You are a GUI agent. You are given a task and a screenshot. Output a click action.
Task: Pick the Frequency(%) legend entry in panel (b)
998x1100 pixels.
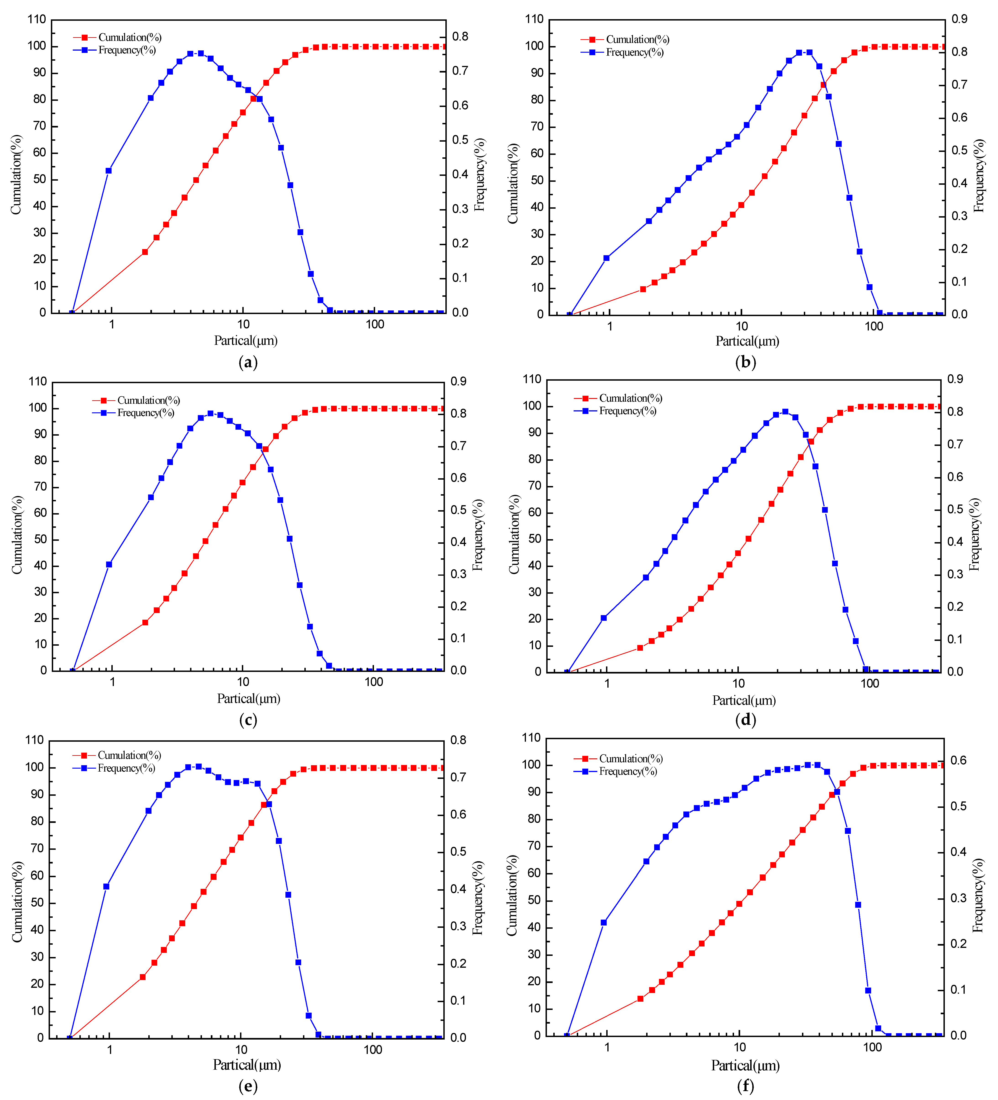634,52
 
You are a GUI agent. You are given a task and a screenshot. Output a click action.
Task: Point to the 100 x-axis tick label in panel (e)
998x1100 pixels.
373,1050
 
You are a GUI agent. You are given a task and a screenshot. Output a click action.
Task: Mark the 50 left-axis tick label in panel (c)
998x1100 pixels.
40,540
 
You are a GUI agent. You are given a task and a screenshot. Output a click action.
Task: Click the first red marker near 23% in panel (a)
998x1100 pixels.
145,252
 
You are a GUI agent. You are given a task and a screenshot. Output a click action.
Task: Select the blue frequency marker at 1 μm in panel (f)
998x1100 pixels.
603,923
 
